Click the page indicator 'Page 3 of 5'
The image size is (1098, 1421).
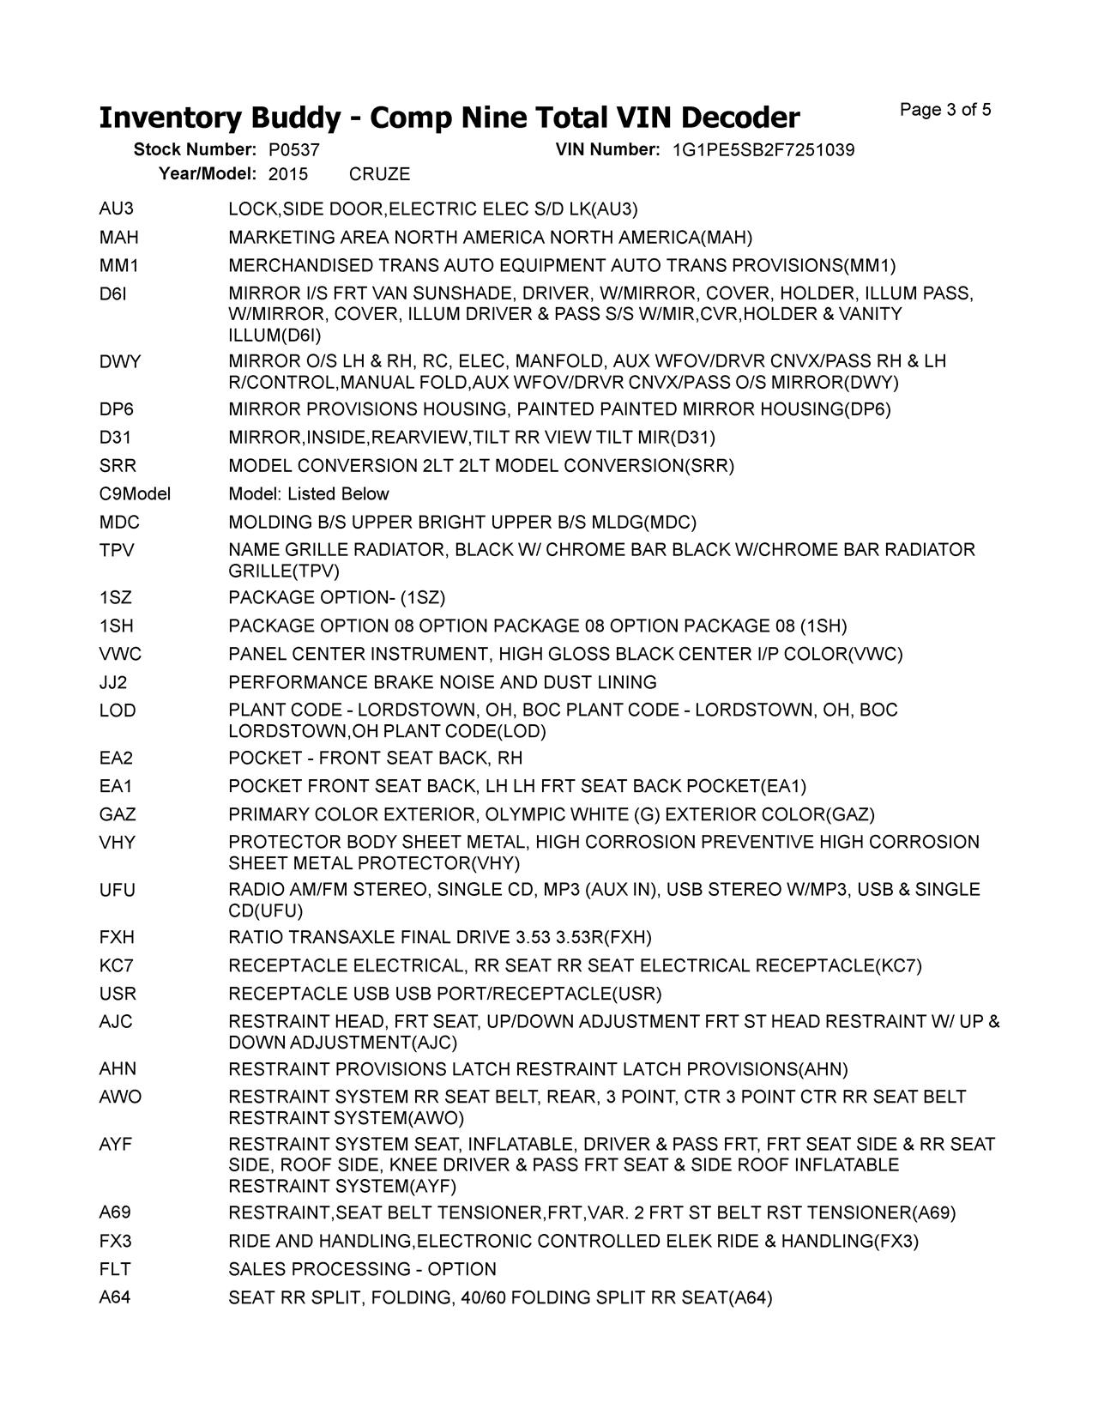coord(945,110)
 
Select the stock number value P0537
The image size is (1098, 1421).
coord(293,150)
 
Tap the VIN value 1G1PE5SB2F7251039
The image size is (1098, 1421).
coord(763,150)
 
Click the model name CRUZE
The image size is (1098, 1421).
coord(379,174)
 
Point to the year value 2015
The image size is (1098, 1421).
coord(287,174)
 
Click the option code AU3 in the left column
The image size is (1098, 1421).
coord(117,209)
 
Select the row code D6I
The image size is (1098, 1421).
coord(113,293)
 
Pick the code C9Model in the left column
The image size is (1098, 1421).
coord(135,494)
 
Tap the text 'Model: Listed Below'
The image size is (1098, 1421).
coord(308,494)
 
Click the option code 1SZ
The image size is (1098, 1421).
coord(116,598)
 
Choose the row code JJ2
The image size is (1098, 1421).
coord(114,683)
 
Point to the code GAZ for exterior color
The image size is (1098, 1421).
coord(118,814)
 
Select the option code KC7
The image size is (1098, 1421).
coord(116,966)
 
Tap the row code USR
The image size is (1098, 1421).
coord(118,995)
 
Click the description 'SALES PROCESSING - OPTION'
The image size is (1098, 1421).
coord(362,1270)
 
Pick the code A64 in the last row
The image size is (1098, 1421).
coord(115,1298)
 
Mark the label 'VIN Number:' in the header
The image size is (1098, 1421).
coord(607,150)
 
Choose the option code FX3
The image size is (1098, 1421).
coord(115,1242)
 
